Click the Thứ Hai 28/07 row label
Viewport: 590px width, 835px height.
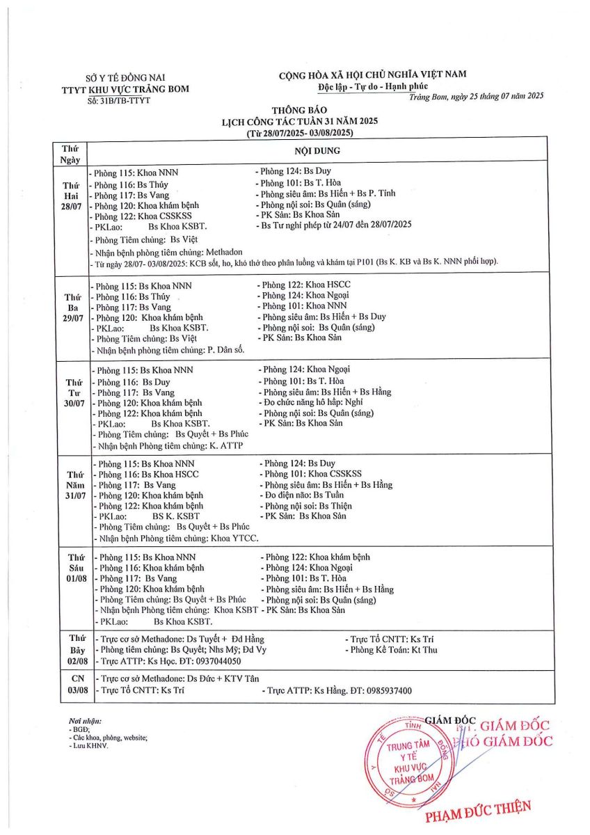click(72, 198)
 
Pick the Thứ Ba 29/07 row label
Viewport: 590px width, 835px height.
click(72, 308)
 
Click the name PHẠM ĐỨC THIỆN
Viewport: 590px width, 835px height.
click(478, 810)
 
